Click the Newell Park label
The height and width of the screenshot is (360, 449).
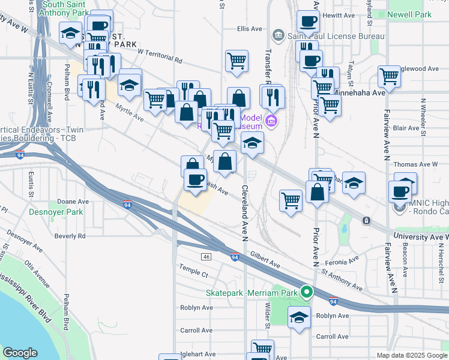pyautogui.click(x=409, y=14)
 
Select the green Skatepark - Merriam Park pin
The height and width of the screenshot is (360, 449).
pyautogui.click(x=307, y=293)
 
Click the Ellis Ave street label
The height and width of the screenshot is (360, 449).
pyautogui.click(x=250, y=28)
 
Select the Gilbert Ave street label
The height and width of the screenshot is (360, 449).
pyautogui.click(x=265, y=259)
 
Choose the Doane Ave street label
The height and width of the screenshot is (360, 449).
pyautogui.click(x=73, y=202)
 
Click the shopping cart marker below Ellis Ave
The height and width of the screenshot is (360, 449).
pyautogui.click(x=237, y=61)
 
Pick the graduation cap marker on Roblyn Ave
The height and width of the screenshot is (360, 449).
pyautogui.click(x=299, y=317)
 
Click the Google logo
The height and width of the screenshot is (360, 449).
pyautogui.click(x=20, y=352)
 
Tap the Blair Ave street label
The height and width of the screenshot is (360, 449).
pyautogui.click(x=406, y=128)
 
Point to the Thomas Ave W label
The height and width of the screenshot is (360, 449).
pyautogui.click(x=415, y=164)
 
